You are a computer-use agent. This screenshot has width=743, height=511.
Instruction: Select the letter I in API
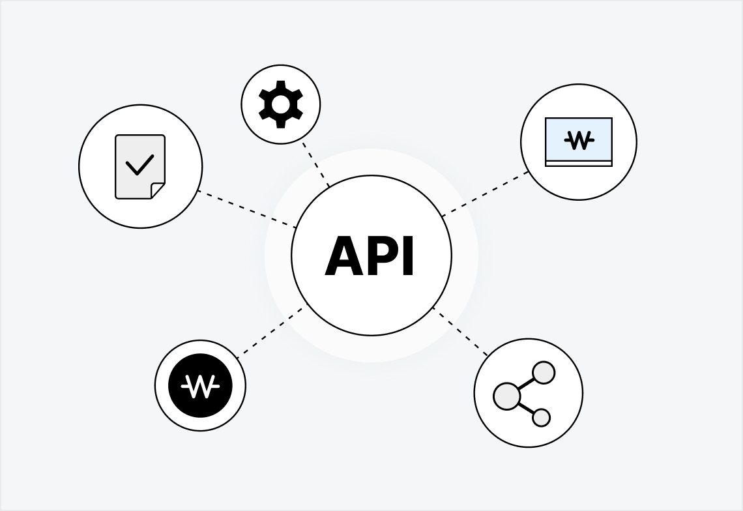[409, 257]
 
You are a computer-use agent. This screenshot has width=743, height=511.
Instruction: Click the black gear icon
[281, 104]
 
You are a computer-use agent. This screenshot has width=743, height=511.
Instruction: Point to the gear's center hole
[281, 104]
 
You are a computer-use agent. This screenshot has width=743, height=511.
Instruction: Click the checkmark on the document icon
[139, 164]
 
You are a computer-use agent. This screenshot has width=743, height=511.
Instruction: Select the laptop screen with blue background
[579, 139]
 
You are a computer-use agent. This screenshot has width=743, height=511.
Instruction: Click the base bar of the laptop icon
[579, 164]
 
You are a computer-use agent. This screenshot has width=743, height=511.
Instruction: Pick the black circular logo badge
[200, 385]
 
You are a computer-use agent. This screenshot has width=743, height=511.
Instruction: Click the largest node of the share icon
[506, 396]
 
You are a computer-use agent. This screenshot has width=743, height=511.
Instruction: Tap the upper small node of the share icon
[544, 373]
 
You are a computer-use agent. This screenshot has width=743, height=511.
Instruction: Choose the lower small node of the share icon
[541, 418]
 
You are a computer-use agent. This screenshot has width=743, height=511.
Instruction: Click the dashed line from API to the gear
[316, 165]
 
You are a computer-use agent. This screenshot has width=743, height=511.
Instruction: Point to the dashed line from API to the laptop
[486, 194]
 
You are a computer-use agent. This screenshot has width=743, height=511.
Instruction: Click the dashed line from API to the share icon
[460, 331]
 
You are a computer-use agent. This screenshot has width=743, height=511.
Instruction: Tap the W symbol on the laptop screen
[579, 140]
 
